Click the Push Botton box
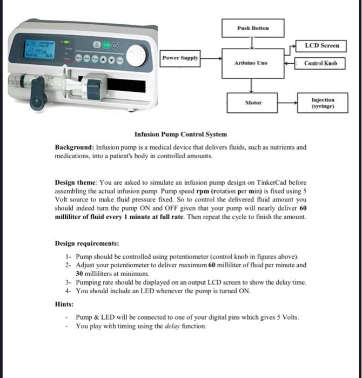coord(253,28)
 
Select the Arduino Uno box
coord(251,63)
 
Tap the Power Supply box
coord(181,58)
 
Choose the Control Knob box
coord(320,63)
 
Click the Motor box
coord(253,102)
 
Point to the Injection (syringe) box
coord(323,103)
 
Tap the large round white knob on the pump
coord(137,55)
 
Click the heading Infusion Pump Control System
coord(180,134)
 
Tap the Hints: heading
coord(64,305)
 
